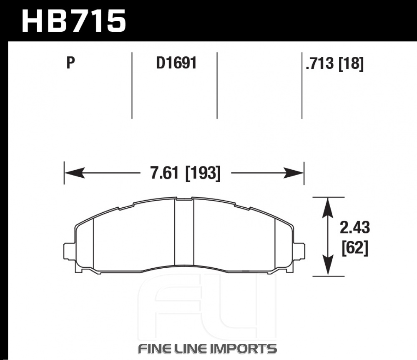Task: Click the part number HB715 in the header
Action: [x=73, y=21]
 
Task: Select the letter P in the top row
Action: [x=70, y=63]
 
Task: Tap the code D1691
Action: [x=176, y=63]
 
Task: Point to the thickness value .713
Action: [x=320, y=63]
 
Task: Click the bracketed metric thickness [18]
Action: [x=351, y=63]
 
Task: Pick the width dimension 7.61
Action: [x=164, y=173]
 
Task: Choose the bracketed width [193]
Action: [x=203, y=173]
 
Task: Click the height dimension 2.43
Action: [x=355, y=228]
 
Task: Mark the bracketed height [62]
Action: [x=355, y=248]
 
